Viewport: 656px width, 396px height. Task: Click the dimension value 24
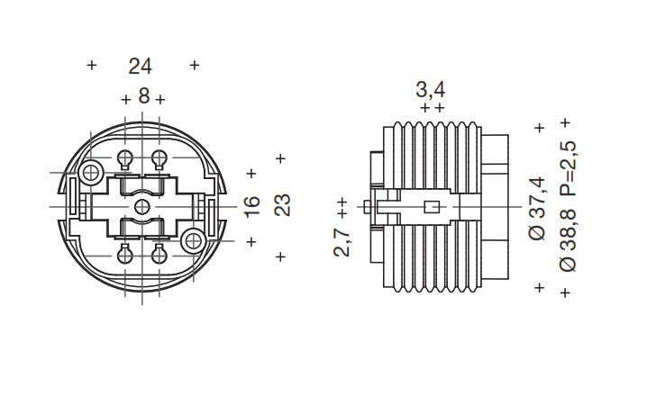[140, 66]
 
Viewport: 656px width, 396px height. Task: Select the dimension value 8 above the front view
[143, 97]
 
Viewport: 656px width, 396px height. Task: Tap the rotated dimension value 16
[252, 205]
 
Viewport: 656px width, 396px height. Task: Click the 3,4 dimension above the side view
[430, 89]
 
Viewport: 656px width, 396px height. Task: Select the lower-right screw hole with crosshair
[192, 240]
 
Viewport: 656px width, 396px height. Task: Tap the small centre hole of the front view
[141, 207]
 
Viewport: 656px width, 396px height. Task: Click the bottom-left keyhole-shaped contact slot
[125, 253]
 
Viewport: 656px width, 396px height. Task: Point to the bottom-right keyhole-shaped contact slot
[159, 253]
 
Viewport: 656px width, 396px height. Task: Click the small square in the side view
[432, 207]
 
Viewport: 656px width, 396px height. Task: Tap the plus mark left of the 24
[91, 66]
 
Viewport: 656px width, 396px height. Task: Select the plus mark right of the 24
[195, 66]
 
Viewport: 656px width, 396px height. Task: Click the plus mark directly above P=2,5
[565, 121]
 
